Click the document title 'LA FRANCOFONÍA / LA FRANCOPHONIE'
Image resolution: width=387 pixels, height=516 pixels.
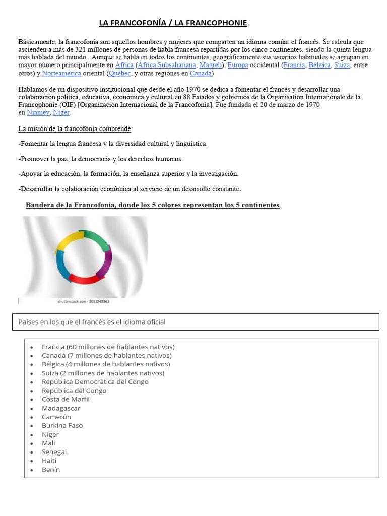click(173, 23)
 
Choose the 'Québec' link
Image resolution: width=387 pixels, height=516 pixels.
click(120, 73)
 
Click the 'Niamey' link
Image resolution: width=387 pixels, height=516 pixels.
click(38, 112)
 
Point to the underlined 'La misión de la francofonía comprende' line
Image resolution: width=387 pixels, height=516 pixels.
click(75, 129)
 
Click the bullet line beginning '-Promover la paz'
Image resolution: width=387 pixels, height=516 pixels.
click(101, 159)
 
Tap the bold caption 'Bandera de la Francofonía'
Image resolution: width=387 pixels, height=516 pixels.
click(153, 205)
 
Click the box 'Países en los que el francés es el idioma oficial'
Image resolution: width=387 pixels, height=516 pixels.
click(196, 322)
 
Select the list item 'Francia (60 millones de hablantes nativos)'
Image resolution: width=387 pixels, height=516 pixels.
click(108, 347)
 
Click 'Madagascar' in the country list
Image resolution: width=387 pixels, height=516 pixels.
click(61, 408)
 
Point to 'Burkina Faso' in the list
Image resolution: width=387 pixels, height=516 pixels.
click(62, 425)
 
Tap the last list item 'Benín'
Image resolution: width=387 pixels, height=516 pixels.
click(51, 470)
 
